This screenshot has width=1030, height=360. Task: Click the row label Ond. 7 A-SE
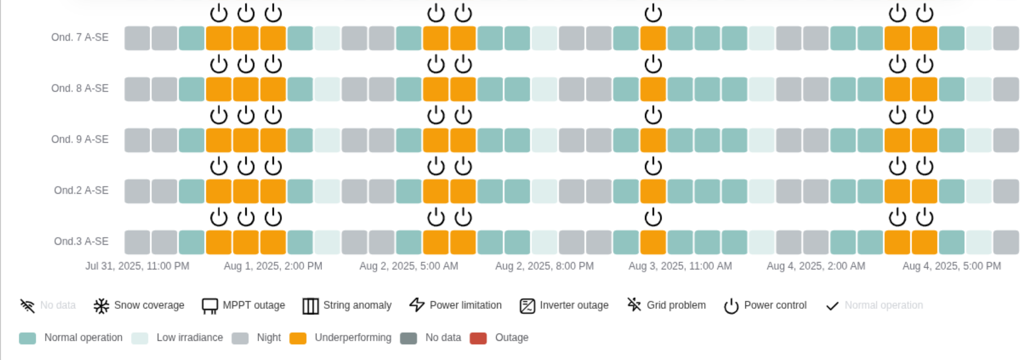[79, 37]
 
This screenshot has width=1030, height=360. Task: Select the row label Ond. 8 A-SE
[79, 88]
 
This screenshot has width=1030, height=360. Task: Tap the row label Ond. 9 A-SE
[79, 139]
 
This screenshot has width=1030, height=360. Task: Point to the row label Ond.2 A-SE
[81, 190]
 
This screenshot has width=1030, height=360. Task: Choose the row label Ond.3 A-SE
[81, 242]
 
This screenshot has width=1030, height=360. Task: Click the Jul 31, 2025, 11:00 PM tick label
[137, 266]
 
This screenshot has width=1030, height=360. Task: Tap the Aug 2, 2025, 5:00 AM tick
[409, 266]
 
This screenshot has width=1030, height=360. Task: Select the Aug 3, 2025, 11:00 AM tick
[680, 266]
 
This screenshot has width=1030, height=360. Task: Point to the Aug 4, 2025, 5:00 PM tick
[951, 266]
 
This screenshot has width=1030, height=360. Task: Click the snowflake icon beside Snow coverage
[101, 306]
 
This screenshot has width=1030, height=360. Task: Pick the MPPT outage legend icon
[210, 306]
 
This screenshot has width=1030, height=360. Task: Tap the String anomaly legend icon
[311, 306]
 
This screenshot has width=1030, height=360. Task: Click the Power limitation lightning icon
[417, 305]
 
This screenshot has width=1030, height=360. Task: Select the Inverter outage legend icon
[527, 306]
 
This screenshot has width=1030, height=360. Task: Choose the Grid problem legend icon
[634, 305]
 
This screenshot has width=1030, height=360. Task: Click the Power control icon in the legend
[731, 306]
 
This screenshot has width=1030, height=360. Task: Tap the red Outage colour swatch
[478, 338]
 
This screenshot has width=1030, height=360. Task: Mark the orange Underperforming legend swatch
[298, 338]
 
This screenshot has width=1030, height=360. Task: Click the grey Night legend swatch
[240, 338]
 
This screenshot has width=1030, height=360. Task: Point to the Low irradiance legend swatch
[139, 338]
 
